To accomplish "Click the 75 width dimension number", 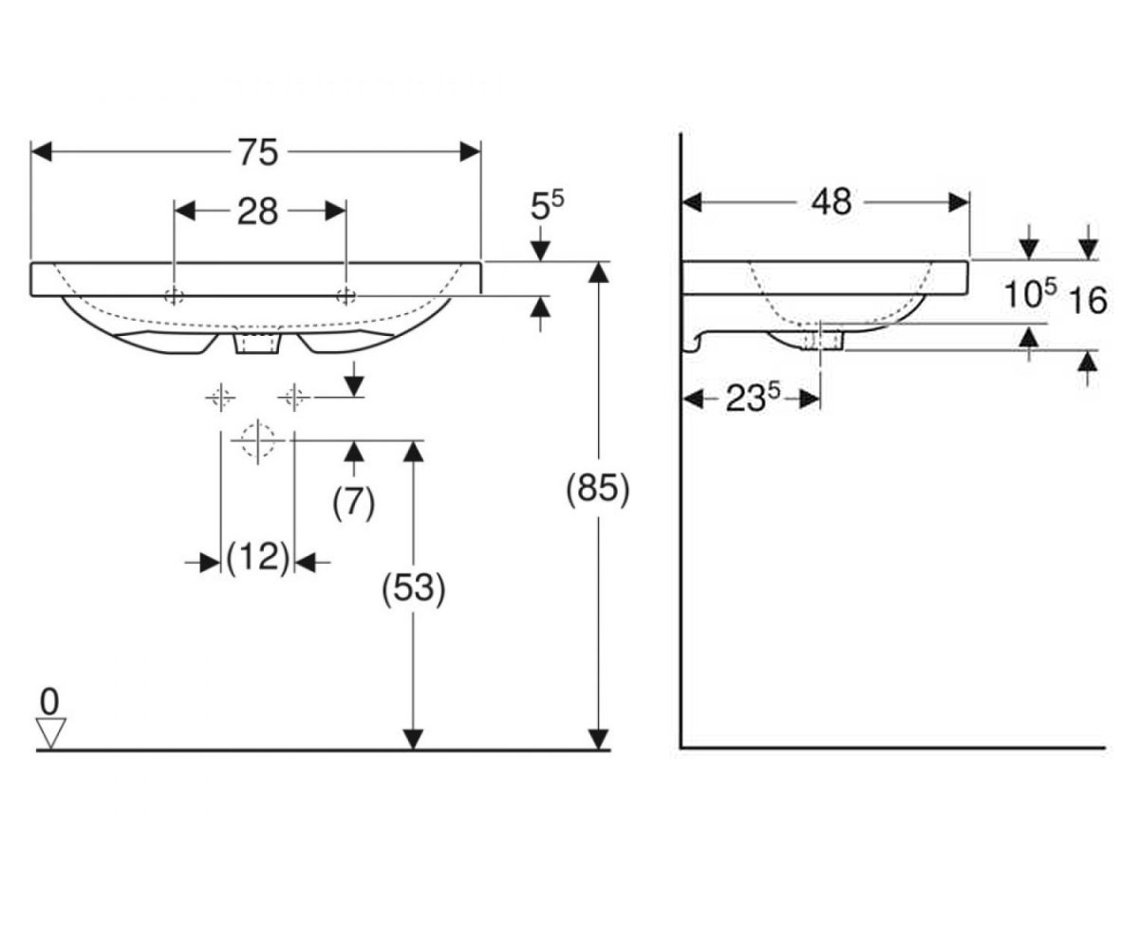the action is pos(258,153).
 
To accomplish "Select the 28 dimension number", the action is pos(258,212).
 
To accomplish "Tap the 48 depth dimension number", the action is pos(831,202).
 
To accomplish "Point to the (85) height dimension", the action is pos(598,489).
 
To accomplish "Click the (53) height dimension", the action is pos(414,589).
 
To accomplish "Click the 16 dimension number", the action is pos(1089,300).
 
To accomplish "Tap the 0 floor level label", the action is pos(49,702).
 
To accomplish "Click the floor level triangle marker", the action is pos(50,733).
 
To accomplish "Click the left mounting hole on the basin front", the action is pos(174,296).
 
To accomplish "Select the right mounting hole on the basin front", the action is pos(345,296).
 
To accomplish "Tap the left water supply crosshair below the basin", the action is pos(221,398).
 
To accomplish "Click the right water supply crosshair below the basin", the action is pos(294,398).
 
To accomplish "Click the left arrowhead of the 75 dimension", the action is pos(42,152).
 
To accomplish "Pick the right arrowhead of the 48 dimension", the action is pos(959,203).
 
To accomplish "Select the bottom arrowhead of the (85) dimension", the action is pos(599,739).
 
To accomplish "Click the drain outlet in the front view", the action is pos(257,344).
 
